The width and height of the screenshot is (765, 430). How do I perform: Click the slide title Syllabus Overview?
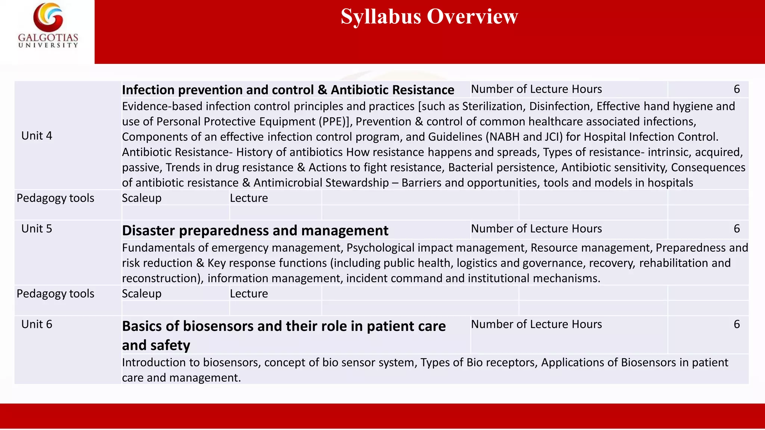tap(429, 17)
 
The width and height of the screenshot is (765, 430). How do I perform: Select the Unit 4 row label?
tap(37, 136)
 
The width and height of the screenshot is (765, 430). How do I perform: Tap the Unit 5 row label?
tap(37, 229)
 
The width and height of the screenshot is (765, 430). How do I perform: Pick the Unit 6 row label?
tap(37, 324)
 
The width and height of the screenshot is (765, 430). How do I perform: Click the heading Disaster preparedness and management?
tap(255, 231)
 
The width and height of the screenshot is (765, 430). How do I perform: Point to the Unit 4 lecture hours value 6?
tap(737, 89)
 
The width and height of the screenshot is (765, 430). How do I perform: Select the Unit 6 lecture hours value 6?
tap(737, 324)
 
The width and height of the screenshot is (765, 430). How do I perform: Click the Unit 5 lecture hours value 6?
tap(737, 229)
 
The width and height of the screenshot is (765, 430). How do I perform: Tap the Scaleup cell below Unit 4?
tap(142, 198)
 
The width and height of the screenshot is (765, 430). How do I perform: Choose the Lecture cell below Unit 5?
tap(249, 294)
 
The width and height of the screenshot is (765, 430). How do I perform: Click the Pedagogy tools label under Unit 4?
tap(55, 198)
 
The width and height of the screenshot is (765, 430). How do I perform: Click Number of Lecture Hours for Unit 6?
tap(536, 324)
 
